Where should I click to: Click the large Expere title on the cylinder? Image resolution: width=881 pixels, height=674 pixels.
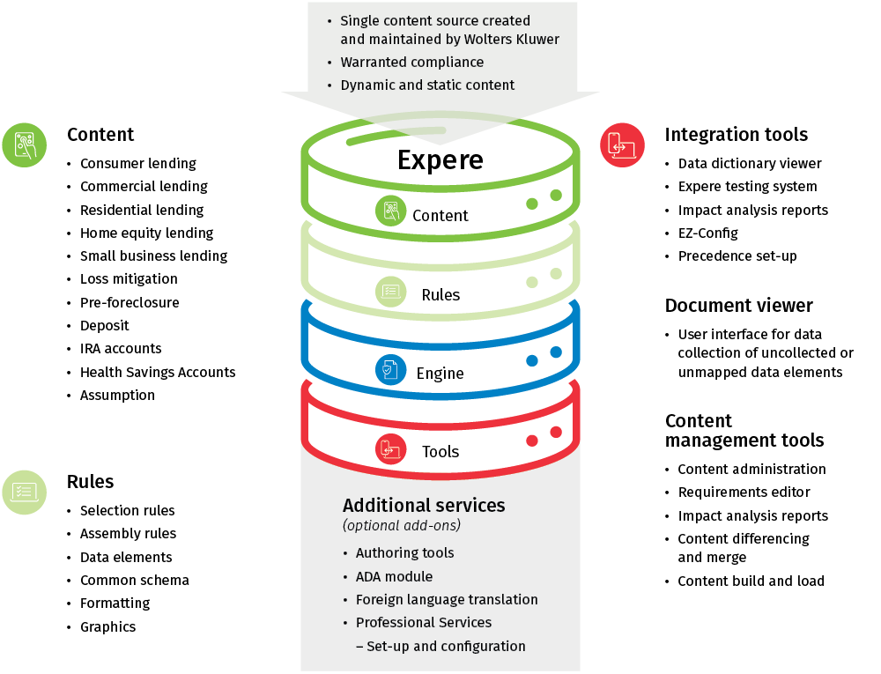pos(440,159)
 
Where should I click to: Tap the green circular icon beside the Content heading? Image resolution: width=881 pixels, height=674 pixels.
pos(25,144)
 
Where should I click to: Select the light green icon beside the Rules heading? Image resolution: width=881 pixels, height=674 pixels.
pos(25,492)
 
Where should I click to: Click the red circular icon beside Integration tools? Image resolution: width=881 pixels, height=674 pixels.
pos(622,144)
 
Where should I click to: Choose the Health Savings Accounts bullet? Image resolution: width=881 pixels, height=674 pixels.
pos(158,372)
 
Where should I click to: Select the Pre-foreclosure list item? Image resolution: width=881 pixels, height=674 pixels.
pos(130,302)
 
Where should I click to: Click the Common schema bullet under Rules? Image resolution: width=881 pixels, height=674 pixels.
pos(134,580)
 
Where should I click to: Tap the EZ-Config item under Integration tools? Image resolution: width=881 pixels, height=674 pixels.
pos(707,233)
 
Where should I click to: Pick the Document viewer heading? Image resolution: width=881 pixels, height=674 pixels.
pos(738,306)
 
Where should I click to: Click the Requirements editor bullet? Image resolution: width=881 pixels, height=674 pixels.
pos(744,492)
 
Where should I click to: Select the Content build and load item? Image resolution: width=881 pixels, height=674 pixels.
pos(751,581)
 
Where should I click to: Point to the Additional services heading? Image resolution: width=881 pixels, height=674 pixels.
pos(424,505)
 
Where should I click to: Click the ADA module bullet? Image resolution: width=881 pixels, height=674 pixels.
pos(394,576)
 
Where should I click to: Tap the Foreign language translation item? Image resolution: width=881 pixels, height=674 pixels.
pos(447,599)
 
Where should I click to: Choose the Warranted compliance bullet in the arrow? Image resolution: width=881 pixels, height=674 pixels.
pos(411,63)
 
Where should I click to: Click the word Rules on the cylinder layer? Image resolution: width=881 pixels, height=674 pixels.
pos(440,294)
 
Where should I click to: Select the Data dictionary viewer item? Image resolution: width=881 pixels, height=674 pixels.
pos(749,163)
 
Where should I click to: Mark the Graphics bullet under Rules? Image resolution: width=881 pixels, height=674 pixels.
pos(107,626)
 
